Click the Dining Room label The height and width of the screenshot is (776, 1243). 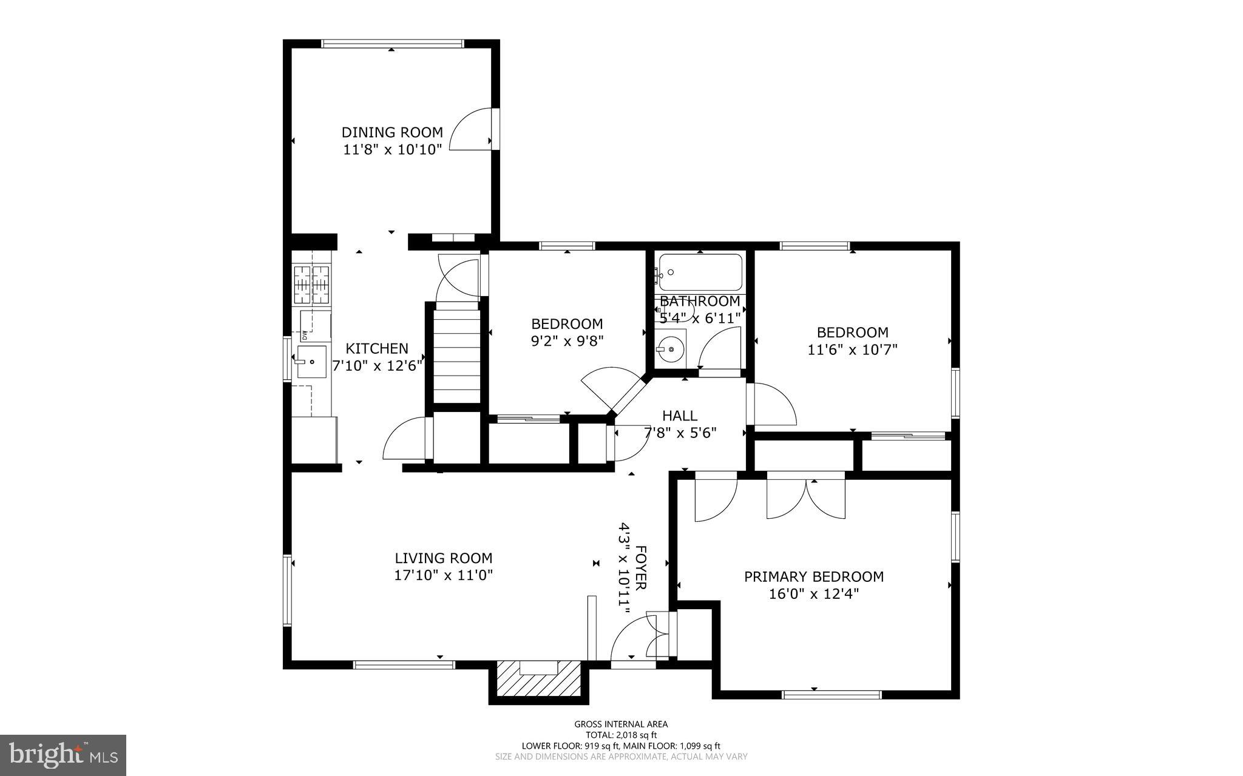(392, 132)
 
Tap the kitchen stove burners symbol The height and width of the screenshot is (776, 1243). (311, 285)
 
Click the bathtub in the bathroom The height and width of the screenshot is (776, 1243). (700, 272)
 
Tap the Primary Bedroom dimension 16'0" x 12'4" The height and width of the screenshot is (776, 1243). (813, 593)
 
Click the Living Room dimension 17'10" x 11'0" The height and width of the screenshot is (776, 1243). (443, 575)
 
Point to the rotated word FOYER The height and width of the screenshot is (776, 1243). (641, 567)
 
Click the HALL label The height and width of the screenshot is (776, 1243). (679, 416)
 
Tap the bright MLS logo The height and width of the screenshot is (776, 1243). (63, 754)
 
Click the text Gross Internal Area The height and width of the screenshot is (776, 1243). (621, 724)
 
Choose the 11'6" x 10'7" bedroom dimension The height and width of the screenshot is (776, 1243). (852, 349)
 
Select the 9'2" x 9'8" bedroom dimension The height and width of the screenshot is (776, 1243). (567, 341)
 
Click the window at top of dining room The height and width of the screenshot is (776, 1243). (392, 44)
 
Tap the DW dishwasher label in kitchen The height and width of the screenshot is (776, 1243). (305, 336)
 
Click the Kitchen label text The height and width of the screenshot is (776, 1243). (377, 349)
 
